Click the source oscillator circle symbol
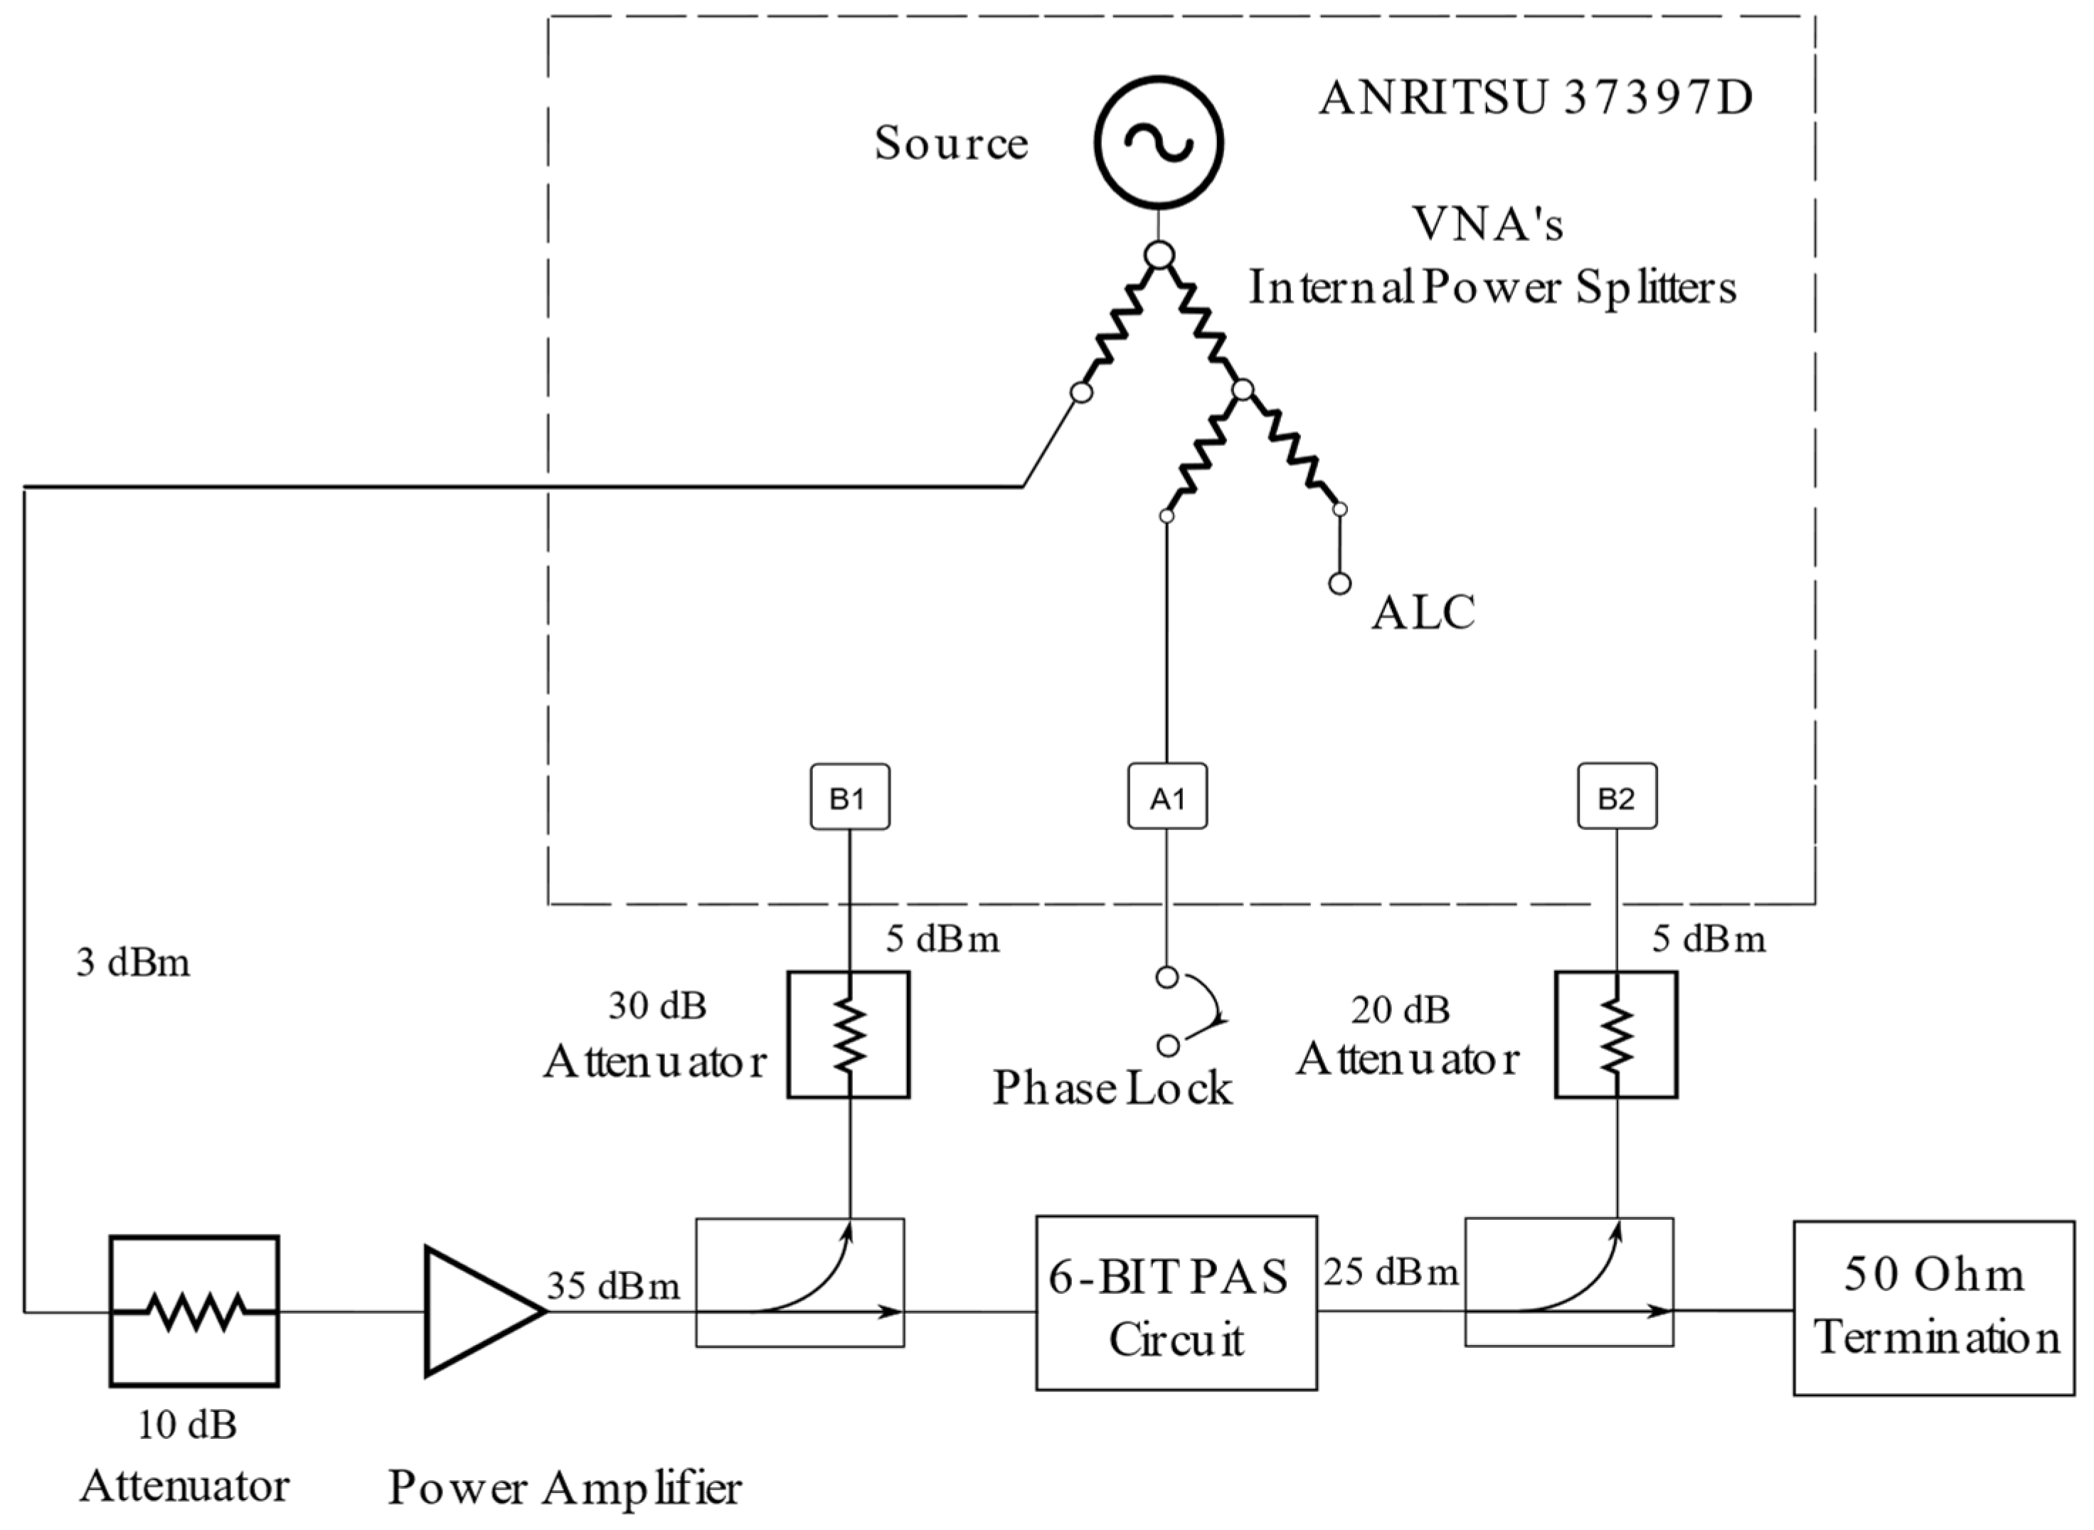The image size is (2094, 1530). (1159, 142)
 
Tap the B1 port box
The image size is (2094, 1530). (849, 797)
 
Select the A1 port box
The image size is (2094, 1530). (1167, 797)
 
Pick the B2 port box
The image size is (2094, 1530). (1616, 797)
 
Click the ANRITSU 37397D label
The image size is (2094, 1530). (1536, 99)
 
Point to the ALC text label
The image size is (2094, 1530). (1423, 613)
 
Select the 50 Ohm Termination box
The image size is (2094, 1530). (1934, 1307)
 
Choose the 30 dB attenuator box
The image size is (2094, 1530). (849, 1034)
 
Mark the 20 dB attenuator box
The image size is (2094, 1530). (1616, 1034)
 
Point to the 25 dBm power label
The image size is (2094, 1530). (1391, 1273)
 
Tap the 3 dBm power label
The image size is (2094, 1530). (132, 963)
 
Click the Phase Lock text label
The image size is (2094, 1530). (1112, 1089)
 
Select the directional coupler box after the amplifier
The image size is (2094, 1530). (799, 1282)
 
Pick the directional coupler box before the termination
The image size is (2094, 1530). (1569, 1282)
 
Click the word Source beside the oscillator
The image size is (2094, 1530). (951, 144)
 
